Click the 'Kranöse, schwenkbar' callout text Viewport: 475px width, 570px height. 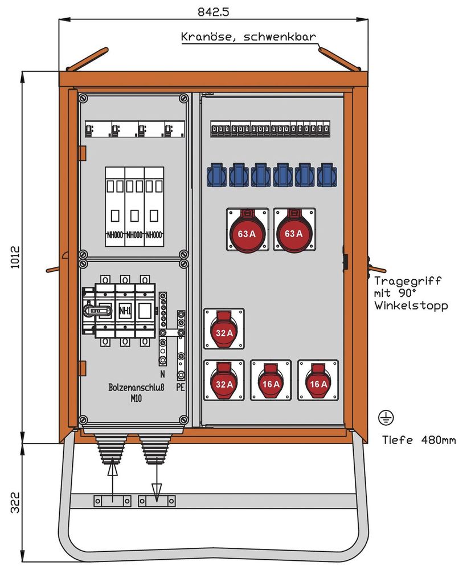(x=248, y=37)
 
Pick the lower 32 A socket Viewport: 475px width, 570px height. (x=224, y=380)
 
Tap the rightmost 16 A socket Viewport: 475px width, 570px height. (x=317, y=380)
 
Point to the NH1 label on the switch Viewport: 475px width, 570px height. (x=125, y=311)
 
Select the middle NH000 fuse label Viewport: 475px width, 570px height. (x=134, y=234)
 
